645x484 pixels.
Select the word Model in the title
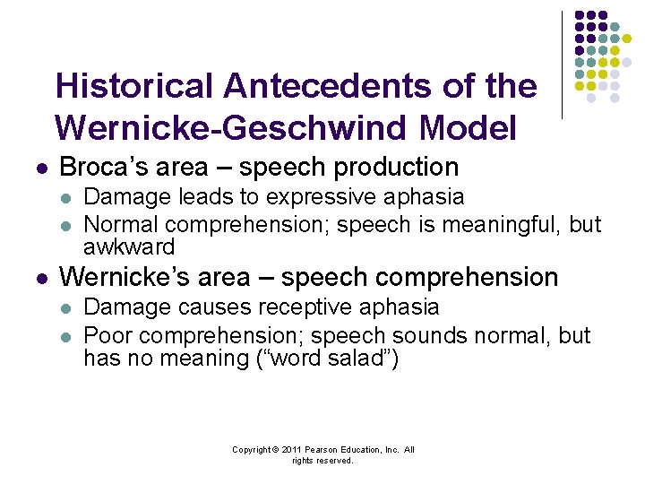468,128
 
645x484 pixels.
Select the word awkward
129,246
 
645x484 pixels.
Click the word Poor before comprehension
109,335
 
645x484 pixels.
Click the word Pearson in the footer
324,450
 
